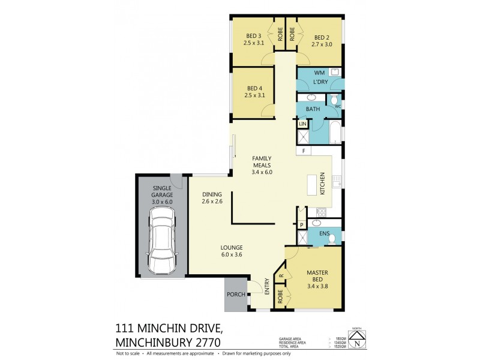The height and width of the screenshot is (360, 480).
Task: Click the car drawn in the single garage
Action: (x=162, y=244)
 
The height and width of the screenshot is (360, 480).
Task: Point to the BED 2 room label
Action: (x=322, y=40)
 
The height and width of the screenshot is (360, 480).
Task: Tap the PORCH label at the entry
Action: (x=235, y=295)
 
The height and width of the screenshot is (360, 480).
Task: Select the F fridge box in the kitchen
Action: (x=304, y=150)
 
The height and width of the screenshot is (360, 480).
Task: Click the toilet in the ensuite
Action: (x=331, y=239)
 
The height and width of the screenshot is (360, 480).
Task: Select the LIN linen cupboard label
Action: (x=302, y=124)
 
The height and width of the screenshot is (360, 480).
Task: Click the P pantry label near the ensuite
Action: (x=302, y=224)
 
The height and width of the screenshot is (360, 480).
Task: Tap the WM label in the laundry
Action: (x=319, y=72)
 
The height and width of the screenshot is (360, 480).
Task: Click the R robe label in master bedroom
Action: (x=281, y=277)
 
